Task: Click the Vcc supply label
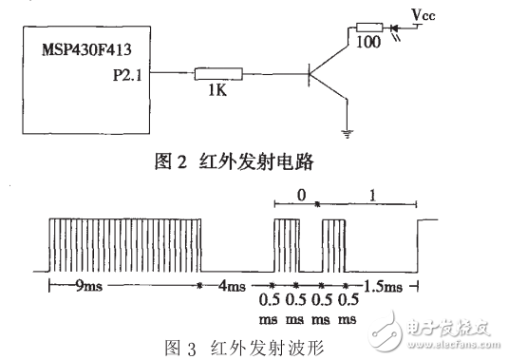(424, 12)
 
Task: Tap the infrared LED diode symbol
(397, 28)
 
